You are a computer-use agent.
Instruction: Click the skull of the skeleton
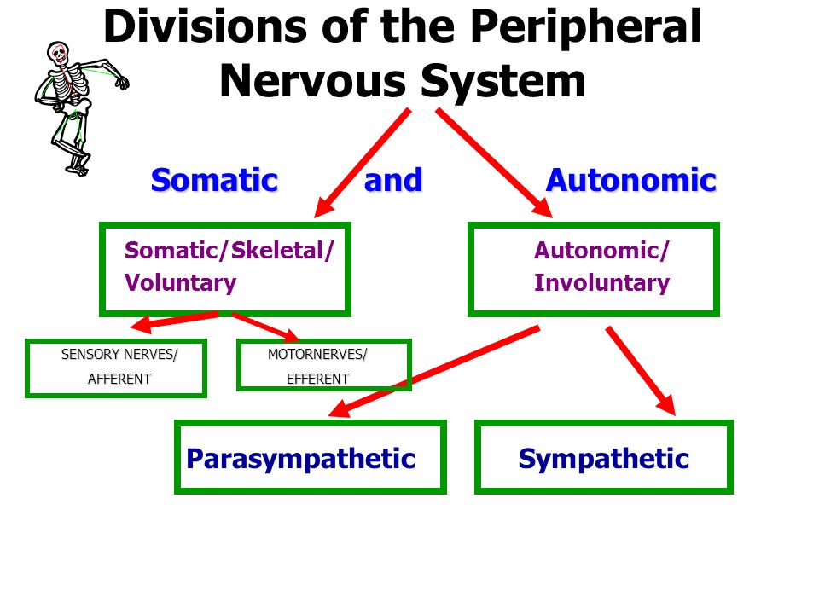click(x=58, y=52)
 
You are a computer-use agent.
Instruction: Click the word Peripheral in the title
click(x=585, y=28)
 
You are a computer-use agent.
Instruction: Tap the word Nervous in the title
click(x=313, y=82)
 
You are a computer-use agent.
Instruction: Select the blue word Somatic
click(x=214, y=181)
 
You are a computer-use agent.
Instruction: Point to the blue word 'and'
click(x=392, y=181)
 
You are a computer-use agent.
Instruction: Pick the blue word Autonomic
click(x=631, y=181)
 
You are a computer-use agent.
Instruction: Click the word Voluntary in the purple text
click(x=180, y=283)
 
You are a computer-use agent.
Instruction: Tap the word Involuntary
click(x=601, y=283)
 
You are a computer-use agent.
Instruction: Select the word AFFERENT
click(x=119, y=379)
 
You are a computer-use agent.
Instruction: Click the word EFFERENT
click(x=317, y=379)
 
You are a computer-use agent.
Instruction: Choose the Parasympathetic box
click(x=311, y=457)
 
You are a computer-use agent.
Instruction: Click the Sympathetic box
click(x=604, y=457)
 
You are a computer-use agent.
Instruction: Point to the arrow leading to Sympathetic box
click(x=641, y=371)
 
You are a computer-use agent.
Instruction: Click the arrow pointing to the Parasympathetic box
click(x=433, y=372)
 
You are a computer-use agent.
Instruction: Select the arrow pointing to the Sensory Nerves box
click(x=174, y=321)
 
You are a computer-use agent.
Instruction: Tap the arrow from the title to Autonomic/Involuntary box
click(x=494, y=162)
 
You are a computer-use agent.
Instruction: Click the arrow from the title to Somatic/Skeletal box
click(x=363, y=162)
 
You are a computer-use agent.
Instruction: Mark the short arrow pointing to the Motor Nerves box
click(x=266, y=327)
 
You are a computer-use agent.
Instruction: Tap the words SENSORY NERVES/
click(x=119, y=355)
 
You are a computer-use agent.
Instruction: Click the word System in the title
click(x=503, y=83)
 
